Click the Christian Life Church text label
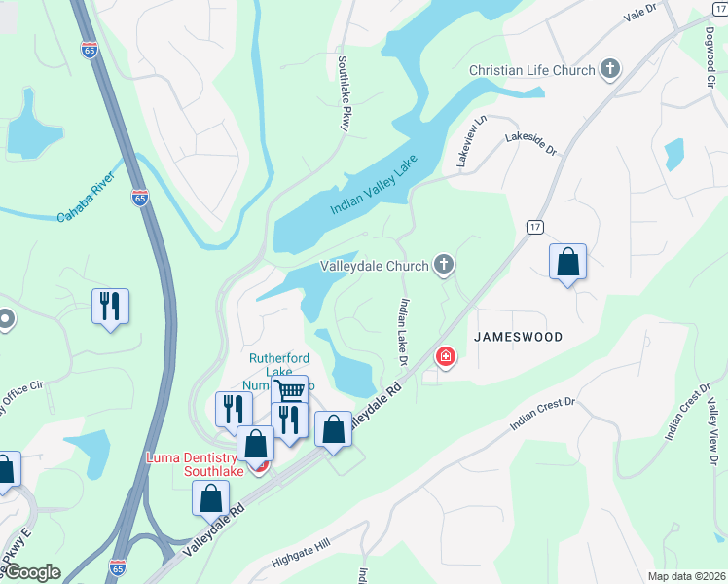click(x=531, y=70)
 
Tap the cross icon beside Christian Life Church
click(x=610, y=69)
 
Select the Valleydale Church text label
click(x=376, y=265)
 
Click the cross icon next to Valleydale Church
click(x=444, y=264)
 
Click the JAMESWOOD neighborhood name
click(x=518, y=335)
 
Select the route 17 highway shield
click(x=535, y=226)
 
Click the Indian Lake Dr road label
click(x=401, y=332)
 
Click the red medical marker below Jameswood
click(x=446, y=357)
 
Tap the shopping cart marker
click(x=289, y=391)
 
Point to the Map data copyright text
click(x=686, y=576)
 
